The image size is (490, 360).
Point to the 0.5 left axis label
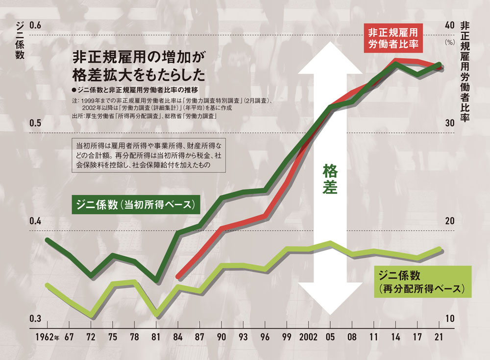coord(37,123)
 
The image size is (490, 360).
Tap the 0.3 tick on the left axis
coord(37,319)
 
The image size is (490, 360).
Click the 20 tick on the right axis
coord(449,221)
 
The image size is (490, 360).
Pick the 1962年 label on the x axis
coord(47,338)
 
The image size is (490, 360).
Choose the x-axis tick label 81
coord(156,338)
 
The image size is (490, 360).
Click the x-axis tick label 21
coord(440,338)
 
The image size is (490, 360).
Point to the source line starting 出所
coord(144,117)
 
